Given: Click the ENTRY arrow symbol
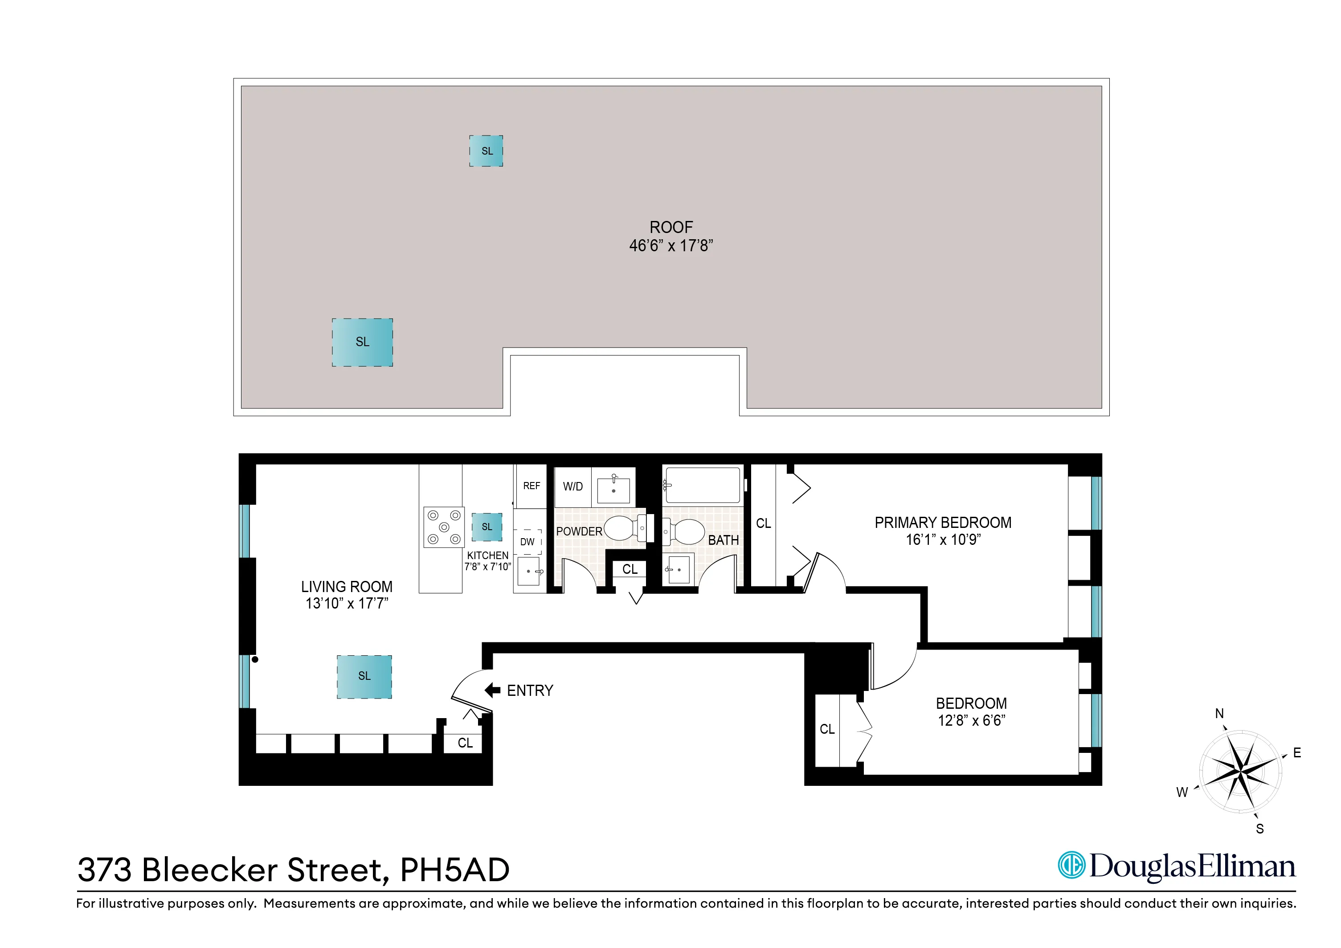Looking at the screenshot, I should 492,691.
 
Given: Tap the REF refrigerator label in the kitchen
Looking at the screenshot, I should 531,486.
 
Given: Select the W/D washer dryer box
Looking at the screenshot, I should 572,486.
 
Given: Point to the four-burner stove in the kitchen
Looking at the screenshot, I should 444,527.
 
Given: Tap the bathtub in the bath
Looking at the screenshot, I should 703,485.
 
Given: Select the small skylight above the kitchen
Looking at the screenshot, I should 487,527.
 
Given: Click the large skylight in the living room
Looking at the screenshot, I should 364,676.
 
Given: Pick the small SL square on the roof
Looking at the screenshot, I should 487,151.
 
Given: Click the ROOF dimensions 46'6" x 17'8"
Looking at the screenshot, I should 670,246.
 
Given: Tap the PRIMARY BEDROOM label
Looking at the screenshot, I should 943,523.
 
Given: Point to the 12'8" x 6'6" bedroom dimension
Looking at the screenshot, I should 971,721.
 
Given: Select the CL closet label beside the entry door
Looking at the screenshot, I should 465,743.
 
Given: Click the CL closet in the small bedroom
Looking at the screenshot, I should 827,729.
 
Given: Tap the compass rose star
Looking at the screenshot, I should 1241,772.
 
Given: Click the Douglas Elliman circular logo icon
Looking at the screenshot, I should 1072,865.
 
